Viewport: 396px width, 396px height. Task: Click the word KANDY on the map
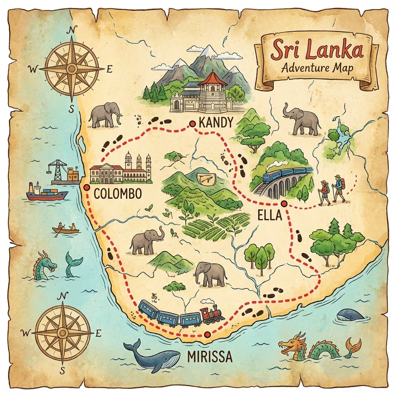(x=216, y=123)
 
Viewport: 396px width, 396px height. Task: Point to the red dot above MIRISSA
(x=208, y=335)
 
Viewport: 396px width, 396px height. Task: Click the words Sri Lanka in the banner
(x=317, y=51)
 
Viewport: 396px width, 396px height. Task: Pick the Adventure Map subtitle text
(x=317, y=68)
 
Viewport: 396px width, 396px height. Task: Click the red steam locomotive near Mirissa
(x=212, y=314)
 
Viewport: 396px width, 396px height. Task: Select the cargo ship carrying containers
(x=46, y=192)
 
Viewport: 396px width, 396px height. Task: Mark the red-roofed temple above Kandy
(x=212, y=87)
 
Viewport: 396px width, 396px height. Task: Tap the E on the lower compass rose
(x=98, y=333)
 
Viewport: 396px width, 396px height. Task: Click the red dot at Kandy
(x=192, y=124)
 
